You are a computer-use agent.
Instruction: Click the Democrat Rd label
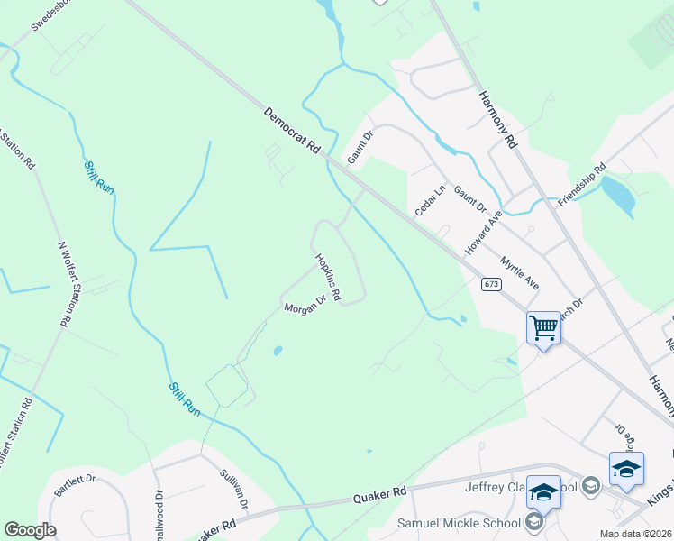click(293, 131)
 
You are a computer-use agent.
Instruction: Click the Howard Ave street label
click(482, 233)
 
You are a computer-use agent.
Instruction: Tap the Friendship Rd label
click(578, 185)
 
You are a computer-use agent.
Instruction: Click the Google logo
click(30, 530)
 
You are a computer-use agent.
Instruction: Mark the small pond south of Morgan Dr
click(277, 350)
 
